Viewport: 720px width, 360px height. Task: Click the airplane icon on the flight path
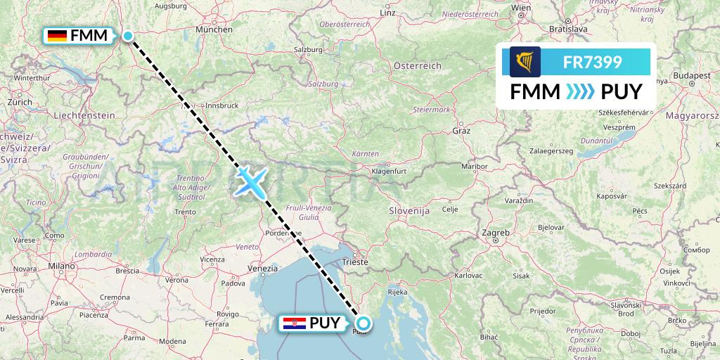coord(251,181)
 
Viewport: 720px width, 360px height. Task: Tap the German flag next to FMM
coord(57,35)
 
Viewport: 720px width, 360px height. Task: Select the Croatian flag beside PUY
coord(292,323)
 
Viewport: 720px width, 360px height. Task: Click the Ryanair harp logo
coord(525,62)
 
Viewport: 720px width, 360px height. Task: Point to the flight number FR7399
coord(592,62)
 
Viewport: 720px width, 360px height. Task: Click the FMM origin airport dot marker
coord(129,35)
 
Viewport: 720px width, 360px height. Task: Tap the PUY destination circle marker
coord(363,323)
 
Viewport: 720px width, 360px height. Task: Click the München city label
coord(214,30)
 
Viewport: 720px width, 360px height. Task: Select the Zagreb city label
coord(496,231)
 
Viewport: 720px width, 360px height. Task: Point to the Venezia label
coord(263,268)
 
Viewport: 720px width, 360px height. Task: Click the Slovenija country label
coord(409,210)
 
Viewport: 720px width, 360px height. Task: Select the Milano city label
coord(61,266)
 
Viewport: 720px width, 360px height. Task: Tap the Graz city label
coord(461,131)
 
